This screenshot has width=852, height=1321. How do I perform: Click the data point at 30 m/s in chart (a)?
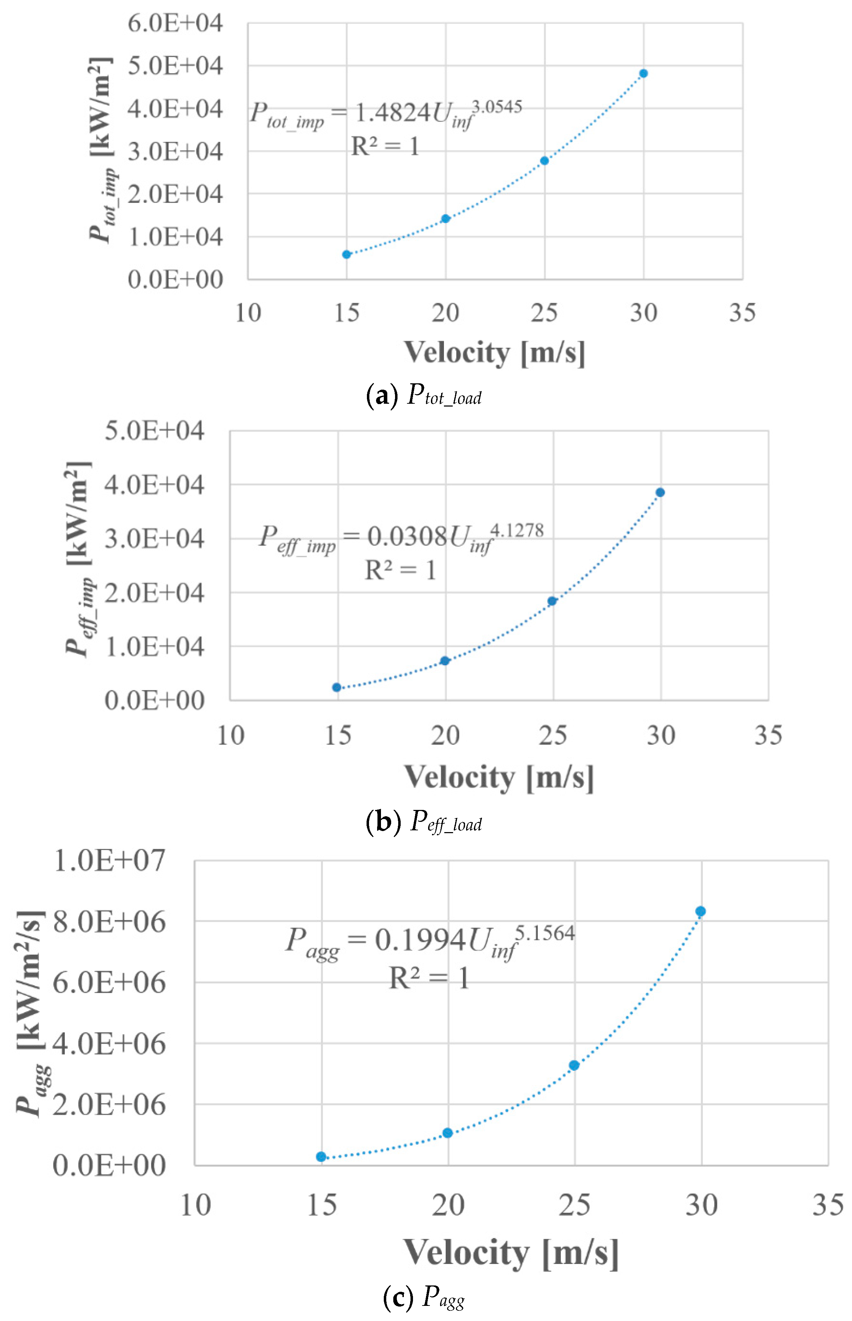[643, 74]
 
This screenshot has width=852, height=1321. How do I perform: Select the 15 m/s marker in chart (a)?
[346, 254]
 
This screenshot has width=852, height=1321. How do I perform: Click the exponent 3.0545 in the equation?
[496, 106]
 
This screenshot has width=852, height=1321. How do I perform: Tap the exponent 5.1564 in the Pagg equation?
[545, 933]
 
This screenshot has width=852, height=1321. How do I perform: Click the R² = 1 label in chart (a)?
[385, 147]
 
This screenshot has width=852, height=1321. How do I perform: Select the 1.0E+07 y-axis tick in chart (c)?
[109, 861]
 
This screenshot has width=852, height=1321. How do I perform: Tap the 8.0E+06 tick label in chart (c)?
[109, 922]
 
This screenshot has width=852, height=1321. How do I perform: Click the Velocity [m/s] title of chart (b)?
[499, 778]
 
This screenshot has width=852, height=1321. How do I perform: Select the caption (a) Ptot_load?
[424, 396]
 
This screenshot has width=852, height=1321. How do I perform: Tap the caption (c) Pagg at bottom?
[424, 1297]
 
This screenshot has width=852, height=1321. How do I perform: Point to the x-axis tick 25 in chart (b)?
[553, 736]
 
